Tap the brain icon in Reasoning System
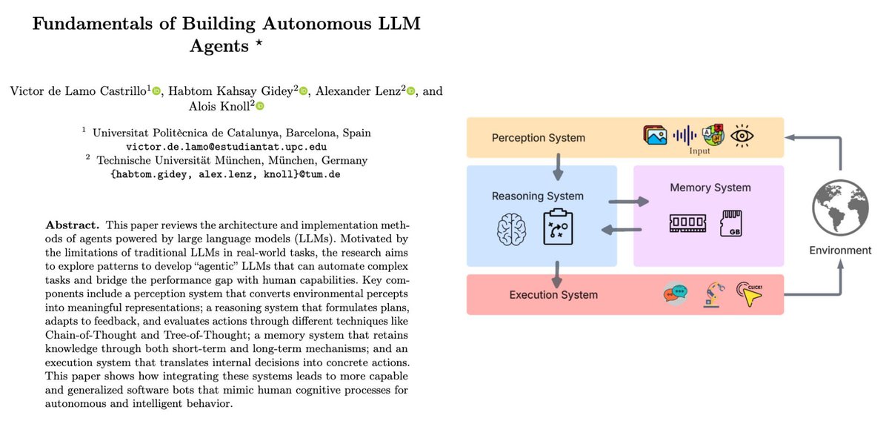tap(512, 231)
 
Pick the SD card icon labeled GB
tap(732, 223)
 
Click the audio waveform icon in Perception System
tap(684, 136)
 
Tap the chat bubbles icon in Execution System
tap(675, 294)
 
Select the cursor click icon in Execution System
tap(749, 294)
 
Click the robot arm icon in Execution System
tap(712, 294)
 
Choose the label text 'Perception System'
tap(538, 138)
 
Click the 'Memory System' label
tap(710, 188)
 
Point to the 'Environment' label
tap(839, 251)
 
